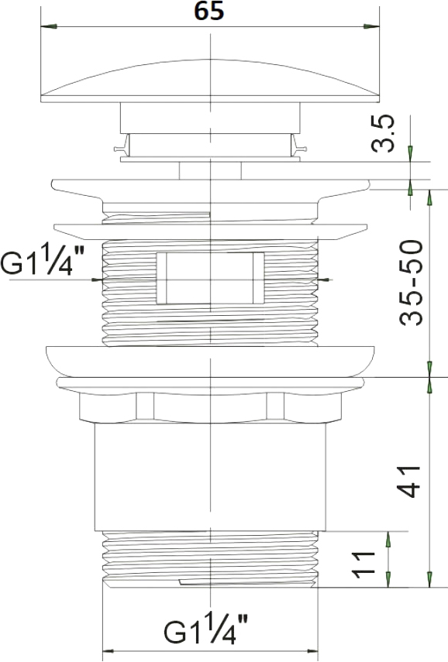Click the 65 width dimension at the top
pyautogui.click(x=208, y=11)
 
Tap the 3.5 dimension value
pyautogui.click(x=384, y=133)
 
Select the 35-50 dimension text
pyautogui.click(x=411, y=283)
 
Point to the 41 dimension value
pyautogui.click(x=408, y=482)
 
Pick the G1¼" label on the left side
pyautogui.click(x=43, y=260)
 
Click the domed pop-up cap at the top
pyautogui.click(x=210, y=81)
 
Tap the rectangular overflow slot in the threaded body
pyautogui.click(x=210, y=278)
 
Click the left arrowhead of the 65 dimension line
pyautogui.click(x=49, y=26)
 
